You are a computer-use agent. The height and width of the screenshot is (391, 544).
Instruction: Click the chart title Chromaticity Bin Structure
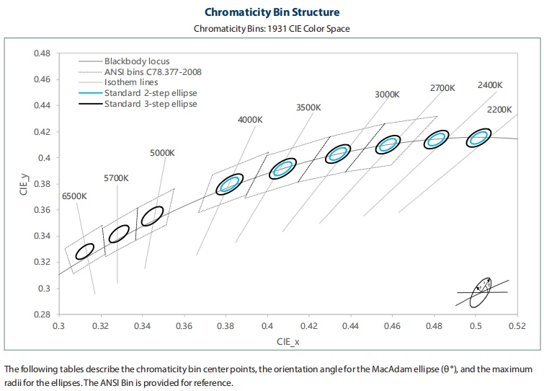pos(272,12)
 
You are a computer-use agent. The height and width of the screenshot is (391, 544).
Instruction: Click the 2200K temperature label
pos(499,110)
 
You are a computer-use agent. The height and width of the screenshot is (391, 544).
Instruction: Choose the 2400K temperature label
pos(490,85)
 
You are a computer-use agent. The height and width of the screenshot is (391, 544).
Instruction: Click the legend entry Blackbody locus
pos(137,62)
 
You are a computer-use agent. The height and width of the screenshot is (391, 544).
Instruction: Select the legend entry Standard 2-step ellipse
pos(150,93)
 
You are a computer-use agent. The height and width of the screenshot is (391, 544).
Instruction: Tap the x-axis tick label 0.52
pos(517,327)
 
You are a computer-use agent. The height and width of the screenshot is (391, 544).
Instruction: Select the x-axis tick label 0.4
pos(267,327)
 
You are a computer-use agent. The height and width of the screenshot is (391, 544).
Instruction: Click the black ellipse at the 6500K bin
pos(85,251)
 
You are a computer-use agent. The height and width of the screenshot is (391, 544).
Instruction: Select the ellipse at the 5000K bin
pos(152,216)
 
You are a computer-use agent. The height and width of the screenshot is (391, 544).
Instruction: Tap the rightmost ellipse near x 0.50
pos(478,138)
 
